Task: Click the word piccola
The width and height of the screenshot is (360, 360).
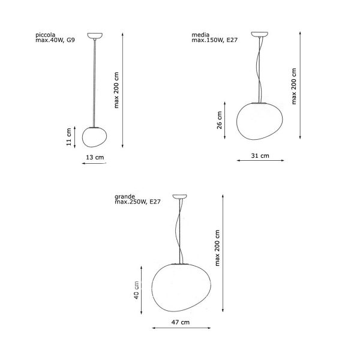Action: point(45,35)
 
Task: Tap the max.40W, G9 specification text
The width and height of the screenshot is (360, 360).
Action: point(55,40)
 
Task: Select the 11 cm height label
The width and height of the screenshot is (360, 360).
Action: point(69,137)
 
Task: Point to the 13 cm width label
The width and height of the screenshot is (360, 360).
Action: point(95,157)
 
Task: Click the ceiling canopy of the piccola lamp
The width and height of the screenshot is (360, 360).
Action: point(95,35)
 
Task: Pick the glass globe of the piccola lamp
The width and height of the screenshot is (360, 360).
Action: point(94,137)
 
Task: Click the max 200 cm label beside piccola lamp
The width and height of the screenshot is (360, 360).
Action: point(116,90)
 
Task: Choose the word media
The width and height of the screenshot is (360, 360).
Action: point(200,35)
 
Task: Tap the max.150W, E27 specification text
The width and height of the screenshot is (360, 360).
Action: point(214,40)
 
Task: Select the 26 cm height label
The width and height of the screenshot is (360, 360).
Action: point(220,121)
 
